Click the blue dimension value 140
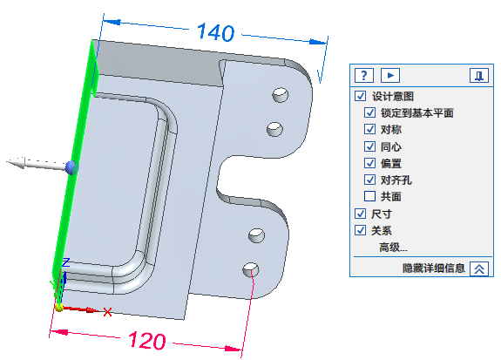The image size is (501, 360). pos(216,32)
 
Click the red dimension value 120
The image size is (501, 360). pos(147,340)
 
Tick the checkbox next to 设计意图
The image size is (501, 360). pos(360,96)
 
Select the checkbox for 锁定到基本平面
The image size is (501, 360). pos(369,112)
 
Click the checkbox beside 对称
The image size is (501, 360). pos(369,129)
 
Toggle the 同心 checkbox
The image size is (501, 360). pos(369,146)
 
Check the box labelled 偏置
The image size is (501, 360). pos(369,163)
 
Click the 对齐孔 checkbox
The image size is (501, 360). pos(369,180)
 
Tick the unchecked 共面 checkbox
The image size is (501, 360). pos(369,196)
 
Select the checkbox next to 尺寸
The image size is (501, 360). pos(360,214)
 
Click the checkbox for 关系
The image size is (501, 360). pos(360,230)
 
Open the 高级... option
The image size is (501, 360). pos(393,248)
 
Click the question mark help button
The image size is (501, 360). pos(364,76)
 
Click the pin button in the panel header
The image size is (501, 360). pos(479,76)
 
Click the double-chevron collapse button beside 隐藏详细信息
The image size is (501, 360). pos(479,268)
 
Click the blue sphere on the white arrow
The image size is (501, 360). pos(71,167)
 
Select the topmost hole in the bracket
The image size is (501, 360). pos(281,95)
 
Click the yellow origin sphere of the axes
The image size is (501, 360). pos(59,308)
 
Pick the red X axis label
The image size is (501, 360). pos(108,312)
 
